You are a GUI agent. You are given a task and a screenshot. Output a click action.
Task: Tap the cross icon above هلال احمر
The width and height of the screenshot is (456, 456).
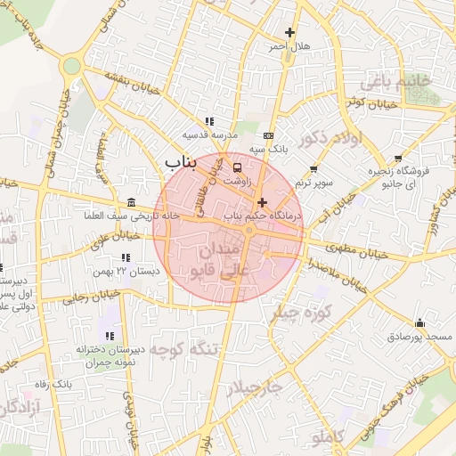pos(289,33)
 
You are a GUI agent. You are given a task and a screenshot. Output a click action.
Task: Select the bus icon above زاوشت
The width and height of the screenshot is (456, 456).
pos(237,167)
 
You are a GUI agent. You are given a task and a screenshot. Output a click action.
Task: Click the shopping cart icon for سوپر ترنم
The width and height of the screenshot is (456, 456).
pos(313,169)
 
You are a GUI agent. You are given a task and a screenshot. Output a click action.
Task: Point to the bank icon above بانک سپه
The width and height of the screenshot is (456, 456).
pos(268,135)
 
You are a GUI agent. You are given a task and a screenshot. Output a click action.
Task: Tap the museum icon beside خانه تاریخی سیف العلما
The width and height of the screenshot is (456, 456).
pos(132,202)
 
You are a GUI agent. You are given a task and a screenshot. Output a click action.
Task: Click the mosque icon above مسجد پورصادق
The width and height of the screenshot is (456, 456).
pos(419,322)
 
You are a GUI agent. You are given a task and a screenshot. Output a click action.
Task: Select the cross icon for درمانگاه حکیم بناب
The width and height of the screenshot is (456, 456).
pos(262,203)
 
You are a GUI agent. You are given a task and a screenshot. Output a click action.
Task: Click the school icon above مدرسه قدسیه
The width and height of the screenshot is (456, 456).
pos(209,121)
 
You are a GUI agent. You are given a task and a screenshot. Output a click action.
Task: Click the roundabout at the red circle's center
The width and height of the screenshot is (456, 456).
pos(248,231)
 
